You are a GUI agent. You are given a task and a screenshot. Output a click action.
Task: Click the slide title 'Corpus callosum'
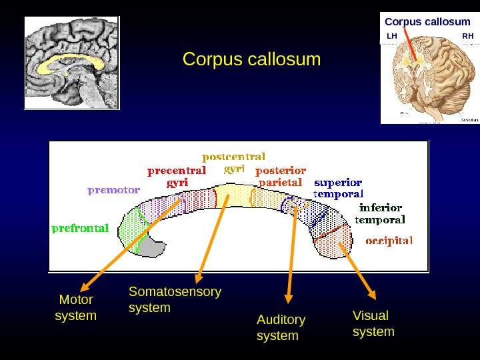coord(251,59)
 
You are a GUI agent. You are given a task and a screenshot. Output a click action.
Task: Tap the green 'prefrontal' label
coord(80,228)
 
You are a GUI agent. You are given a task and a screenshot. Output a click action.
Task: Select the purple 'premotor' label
coord(113,190)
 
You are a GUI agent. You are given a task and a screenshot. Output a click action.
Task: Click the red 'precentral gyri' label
coord(177,175)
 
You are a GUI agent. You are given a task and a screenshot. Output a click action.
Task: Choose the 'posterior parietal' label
coord(281,176)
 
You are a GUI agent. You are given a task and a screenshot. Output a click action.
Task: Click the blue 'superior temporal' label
coord(339,188)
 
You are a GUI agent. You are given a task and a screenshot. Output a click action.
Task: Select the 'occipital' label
coord(389,240)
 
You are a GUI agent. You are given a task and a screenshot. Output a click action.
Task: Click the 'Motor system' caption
coord(75,307)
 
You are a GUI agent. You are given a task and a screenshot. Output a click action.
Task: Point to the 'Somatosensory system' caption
coord(175,299)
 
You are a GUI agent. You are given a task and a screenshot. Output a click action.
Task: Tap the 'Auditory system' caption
coord(281,327)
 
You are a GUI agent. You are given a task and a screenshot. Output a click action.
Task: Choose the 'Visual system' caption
coord(373,323)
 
